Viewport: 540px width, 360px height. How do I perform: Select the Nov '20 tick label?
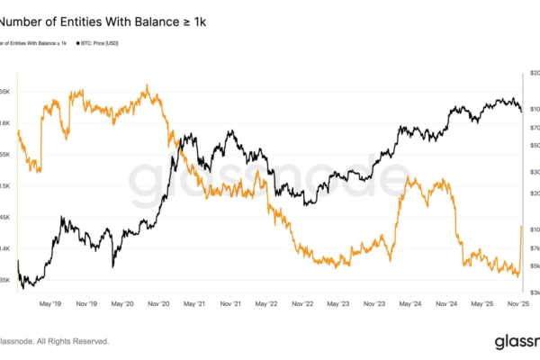tap(158, 304)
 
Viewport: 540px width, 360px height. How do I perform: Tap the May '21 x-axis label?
tap(195, 304)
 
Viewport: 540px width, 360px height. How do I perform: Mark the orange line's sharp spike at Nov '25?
tap(522, 228)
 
